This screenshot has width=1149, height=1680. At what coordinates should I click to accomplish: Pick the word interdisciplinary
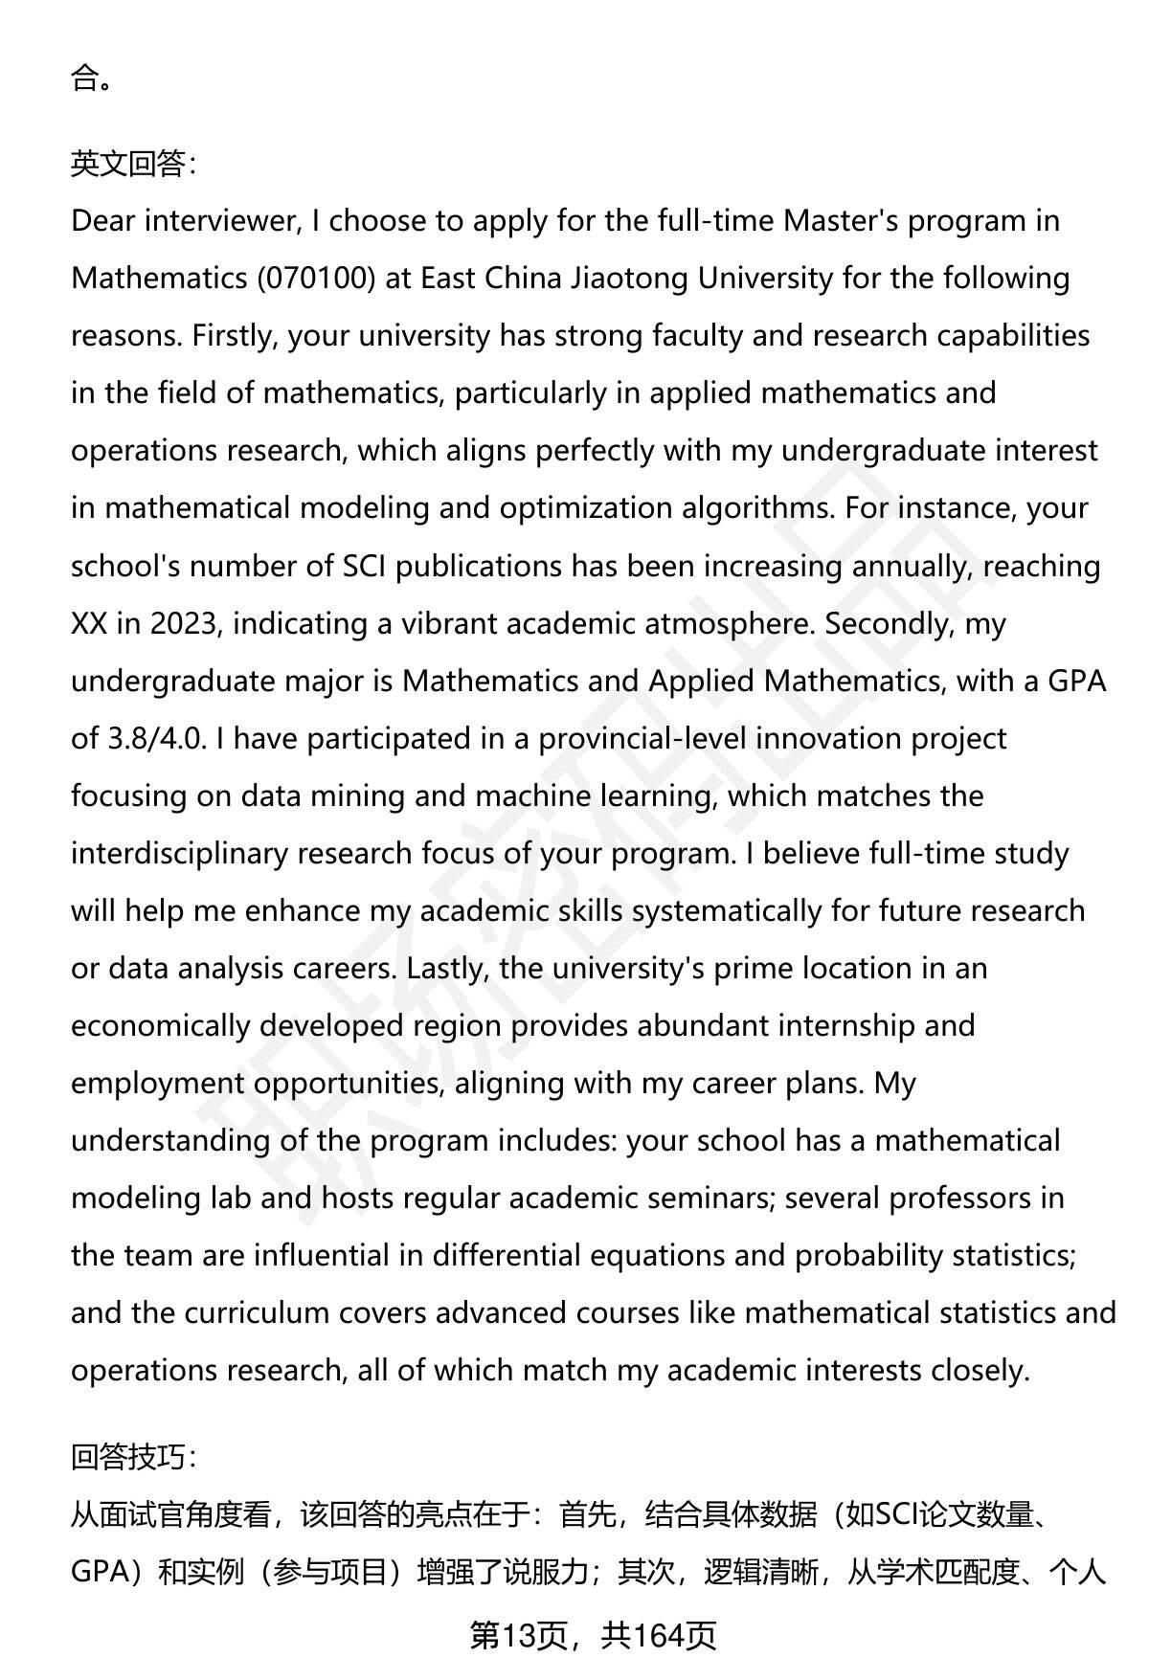[179, 854]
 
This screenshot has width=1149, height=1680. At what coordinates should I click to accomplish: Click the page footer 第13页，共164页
[593, 1636]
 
